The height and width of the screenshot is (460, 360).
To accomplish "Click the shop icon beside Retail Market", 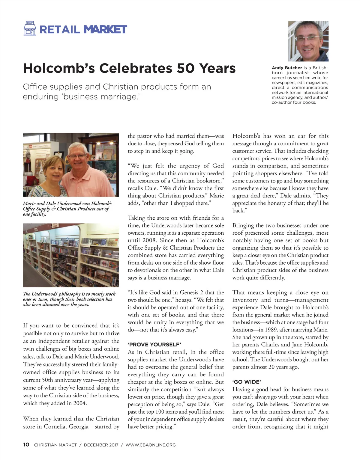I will click(30, 28).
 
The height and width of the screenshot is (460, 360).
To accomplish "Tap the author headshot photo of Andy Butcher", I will click(308, 41).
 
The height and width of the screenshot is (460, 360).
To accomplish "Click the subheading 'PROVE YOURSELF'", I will click(154, 345).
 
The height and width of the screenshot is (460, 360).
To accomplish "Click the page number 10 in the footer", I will click(26, 445).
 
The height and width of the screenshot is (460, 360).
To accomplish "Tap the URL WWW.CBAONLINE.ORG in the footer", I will click(151, 445).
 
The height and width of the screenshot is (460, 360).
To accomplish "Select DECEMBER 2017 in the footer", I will click(101, 445).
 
